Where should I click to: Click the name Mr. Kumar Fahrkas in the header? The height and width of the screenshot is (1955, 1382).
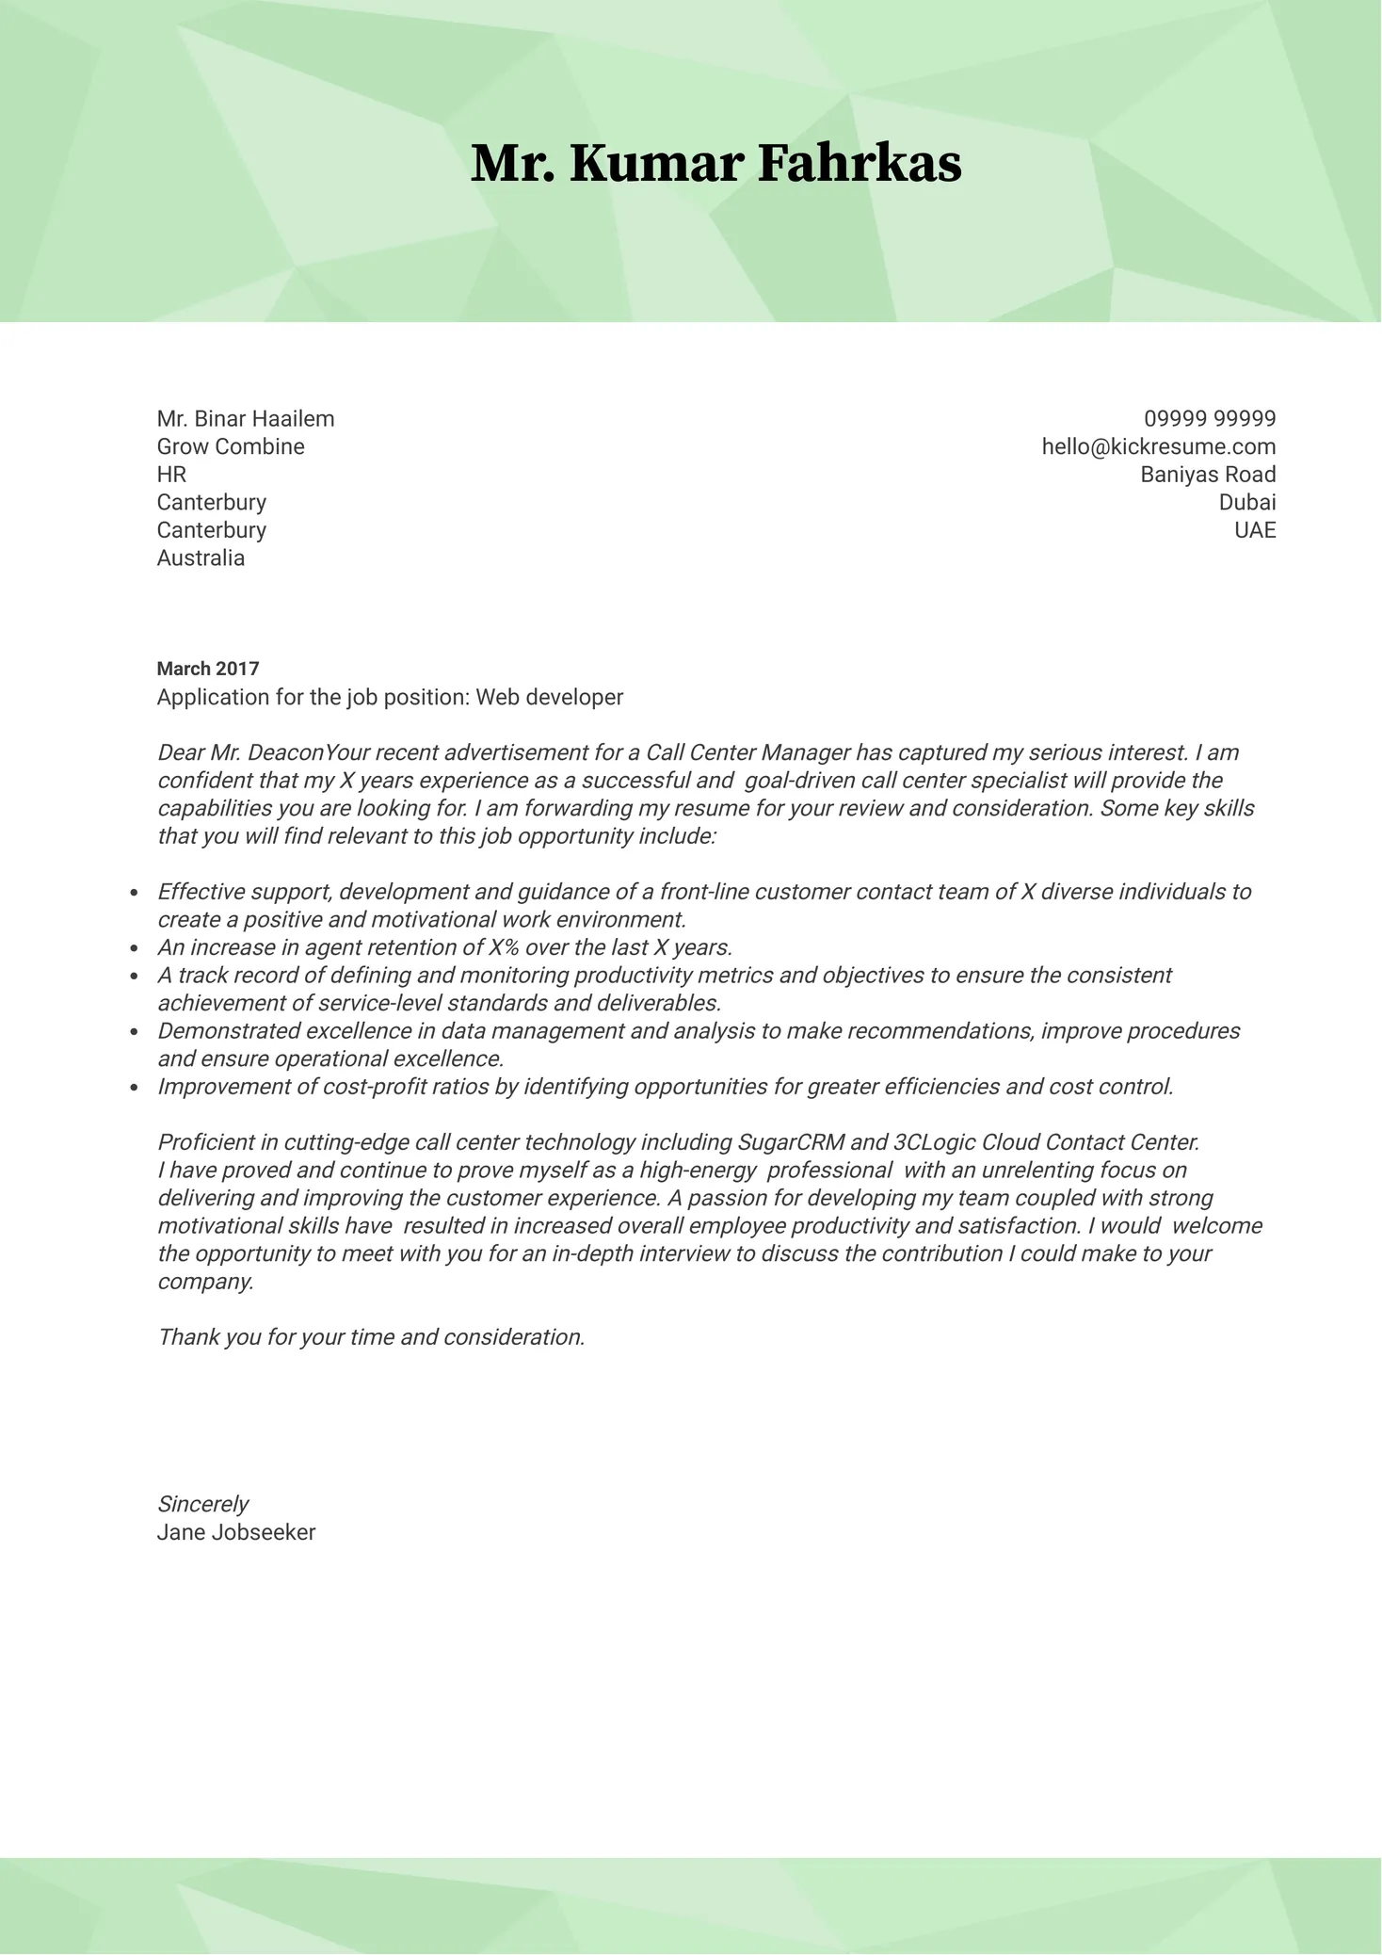(x=715, y=164)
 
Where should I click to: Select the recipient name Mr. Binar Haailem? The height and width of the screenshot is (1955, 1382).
(x=246, y=418)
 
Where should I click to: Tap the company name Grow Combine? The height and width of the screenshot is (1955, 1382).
(x=231, y=446)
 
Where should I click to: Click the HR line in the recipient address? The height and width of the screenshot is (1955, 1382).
(x=171, y=474)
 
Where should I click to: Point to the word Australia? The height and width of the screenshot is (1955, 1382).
(x=201, y=557)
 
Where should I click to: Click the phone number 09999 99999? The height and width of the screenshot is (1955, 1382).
(x=1210, y=418)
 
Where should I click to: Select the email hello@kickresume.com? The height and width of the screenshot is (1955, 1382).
(x=1158, y=446)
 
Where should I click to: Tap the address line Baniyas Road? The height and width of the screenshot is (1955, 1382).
(x=1208, y=474)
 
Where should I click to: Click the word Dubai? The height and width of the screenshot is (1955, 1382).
(x=1246, y=502)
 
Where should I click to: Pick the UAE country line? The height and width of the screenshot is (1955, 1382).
(x=1255, y=529)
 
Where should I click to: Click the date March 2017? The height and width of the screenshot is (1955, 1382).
(x=208, y=669)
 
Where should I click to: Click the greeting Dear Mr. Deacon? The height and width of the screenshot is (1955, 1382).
(x=241, y=752)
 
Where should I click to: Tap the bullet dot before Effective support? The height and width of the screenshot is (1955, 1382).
(x=135, y=892)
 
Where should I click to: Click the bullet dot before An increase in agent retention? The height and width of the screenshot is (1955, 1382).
(x=135, y=947)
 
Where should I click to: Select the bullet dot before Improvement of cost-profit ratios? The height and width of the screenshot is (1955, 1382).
(x=135, y=1087)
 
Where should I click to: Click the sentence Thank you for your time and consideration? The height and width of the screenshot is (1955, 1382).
(x=371, y=1337)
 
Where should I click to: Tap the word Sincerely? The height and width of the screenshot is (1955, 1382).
(x=202, y=1504)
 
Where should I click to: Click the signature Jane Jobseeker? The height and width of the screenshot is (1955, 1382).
(x=236, y=1532)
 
